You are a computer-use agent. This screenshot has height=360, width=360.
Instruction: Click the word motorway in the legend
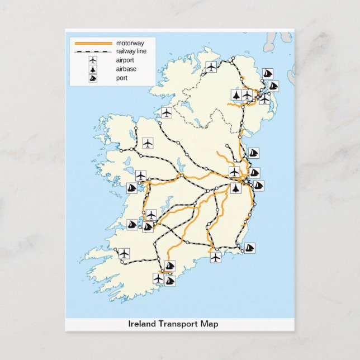click(x=129, y=43)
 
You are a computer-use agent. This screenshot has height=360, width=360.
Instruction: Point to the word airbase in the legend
click(x=126, y=69)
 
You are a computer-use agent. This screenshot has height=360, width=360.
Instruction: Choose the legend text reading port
click(x=121, y=78)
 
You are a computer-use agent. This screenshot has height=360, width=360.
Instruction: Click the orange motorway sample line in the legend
click(x=93, y=43)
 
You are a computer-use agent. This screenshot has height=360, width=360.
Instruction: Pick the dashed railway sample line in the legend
click(x=93, y=51)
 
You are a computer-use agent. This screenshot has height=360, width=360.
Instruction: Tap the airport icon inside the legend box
click(x=93, y=60)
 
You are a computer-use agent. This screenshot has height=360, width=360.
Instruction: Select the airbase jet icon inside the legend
click(x=93, y=69)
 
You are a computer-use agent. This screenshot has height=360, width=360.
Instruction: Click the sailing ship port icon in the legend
click(x=93, y=78)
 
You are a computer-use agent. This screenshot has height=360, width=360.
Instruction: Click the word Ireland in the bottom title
click(x=143, y=324)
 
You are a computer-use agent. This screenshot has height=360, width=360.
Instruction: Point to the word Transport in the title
click(x=178, y=324)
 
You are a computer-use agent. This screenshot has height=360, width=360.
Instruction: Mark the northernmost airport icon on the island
click(x=211, y=67)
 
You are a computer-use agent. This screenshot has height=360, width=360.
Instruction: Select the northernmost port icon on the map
click(x=267, y=74)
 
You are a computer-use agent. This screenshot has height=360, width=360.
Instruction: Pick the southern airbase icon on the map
click(x=236, y=188)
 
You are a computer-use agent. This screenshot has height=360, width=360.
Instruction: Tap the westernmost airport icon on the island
click(x=124, y=253)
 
